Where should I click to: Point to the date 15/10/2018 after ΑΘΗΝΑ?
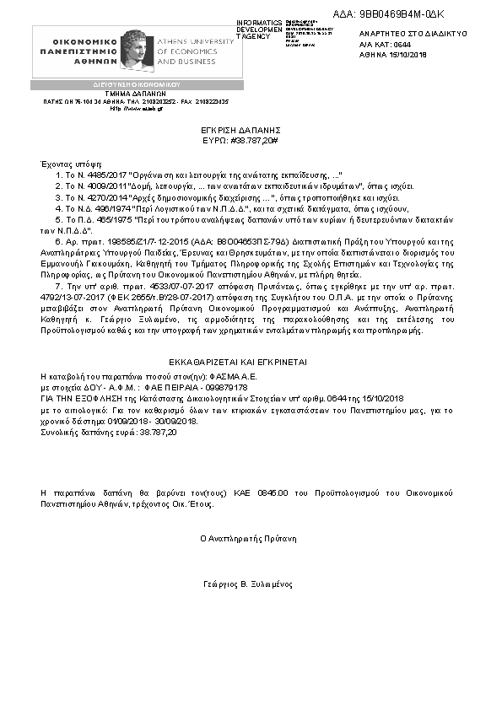click(408, 53)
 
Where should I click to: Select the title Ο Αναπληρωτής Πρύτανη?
click(248, 537)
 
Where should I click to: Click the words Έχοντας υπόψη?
click(65, 159)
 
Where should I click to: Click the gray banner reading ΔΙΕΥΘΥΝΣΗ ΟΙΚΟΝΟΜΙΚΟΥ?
click(136, 85)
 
